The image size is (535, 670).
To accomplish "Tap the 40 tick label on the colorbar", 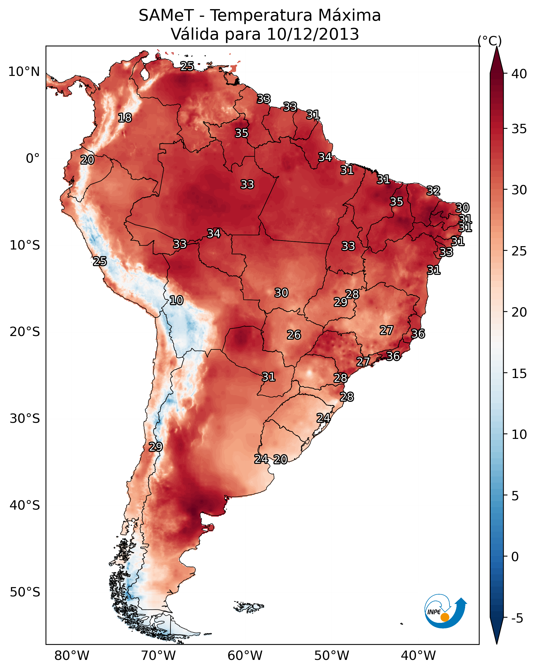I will (x=519, y=74).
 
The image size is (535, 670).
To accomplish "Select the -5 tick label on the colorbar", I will (x=517, y=618).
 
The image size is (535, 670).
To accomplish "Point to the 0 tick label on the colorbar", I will (x=515, y=557).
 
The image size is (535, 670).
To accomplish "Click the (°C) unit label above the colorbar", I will (x=490, y=41).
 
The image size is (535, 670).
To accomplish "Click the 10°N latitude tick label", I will (x=24, y=72).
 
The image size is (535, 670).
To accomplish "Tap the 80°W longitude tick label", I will (x=72, y=655).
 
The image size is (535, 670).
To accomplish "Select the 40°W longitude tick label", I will (x=418, y=655).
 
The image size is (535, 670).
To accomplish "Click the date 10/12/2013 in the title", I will (x=313, y=34).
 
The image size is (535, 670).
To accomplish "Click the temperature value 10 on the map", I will (x=176, y=300).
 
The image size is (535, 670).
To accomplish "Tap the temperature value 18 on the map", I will (x=125, y=118).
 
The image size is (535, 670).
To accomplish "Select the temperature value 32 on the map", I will (x=433, y=190).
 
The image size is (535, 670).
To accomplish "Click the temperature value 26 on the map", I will (x=294, y=335).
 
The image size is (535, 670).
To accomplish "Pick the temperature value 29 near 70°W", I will (x=156, y=447).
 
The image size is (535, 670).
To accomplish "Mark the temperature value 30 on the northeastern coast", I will (x=462, y=208).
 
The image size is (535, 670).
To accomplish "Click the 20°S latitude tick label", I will (x=25, y=332).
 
